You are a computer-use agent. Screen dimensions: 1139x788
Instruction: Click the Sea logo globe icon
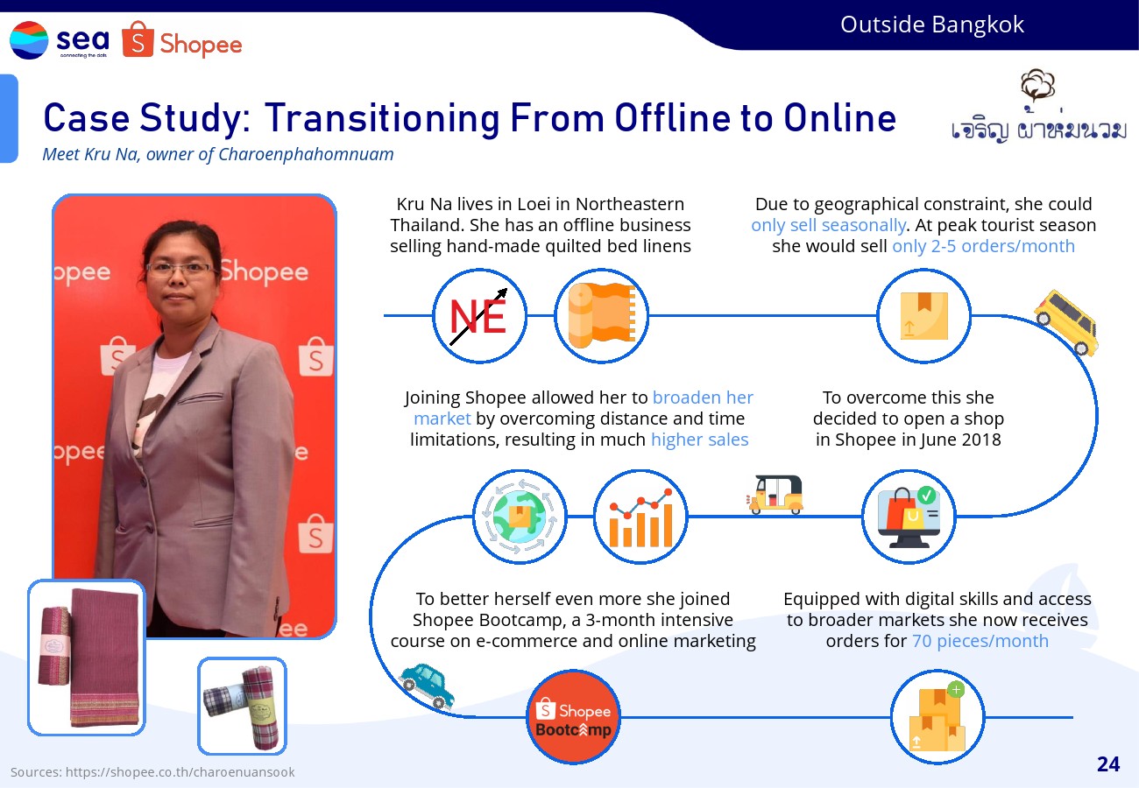(x=29, y=40)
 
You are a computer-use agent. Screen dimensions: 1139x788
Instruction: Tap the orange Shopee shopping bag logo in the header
(x=138, y=39)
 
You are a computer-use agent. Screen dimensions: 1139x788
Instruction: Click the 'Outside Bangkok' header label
(x=932, y=25)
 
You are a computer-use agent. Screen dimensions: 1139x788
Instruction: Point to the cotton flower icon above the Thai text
(x=1037, y=85)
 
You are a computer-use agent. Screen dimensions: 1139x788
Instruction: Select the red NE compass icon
(x=479, y=316)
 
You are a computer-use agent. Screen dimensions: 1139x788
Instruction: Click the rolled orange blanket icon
(x=602, y=316)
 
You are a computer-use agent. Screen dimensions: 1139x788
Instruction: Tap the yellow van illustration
(x=1066, y=322)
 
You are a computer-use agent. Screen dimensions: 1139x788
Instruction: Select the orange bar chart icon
(x=640, y=517)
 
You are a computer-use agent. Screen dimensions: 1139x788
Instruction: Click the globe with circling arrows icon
(x=520, y=517)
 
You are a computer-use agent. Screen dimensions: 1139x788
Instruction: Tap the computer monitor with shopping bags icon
(x=909, y=517)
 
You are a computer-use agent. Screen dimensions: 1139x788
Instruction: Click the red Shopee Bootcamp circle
(x=574, y=717)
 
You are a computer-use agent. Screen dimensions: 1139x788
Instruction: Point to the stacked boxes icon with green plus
(x=937, y=717)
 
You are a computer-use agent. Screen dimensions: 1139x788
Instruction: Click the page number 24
(x=1108, y=764)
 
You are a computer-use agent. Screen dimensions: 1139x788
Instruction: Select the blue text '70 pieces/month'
(x=980, y=641)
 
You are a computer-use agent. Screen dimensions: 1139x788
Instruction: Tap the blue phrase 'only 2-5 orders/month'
(x=983, y=246)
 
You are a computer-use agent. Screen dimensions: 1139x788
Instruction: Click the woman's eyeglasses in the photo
(x=180, y=270)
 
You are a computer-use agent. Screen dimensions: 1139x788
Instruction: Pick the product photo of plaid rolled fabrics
(x=242, y=706)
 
